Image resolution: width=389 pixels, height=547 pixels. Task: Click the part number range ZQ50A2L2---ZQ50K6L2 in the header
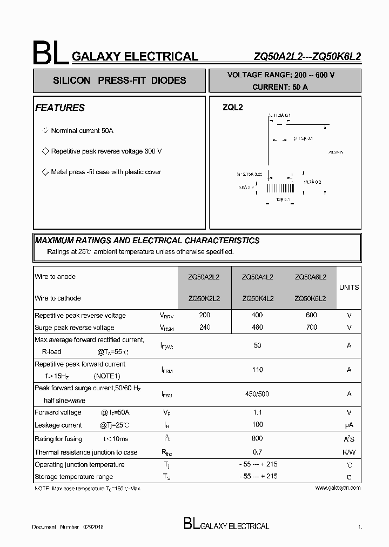point(307,56)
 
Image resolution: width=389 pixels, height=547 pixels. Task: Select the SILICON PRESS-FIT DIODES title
point(119,81)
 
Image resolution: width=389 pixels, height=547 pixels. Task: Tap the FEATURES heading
point(60,108)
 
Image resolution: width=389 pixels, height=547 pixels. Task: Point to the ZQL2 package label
point(233,108)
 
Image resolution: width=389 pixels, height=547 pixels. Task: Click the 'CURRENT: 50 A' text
point(280,87)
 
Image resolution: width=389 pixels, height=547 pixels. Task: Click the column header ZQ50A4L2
point(258,277)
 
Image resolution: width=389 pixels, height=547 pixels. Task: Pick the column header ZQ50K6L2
point(310,298)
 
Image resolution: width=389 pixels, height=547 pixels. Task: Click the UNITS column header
point(348,288)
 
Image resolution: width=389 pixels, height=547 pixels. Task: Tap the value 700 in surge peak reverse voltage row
point(311,327)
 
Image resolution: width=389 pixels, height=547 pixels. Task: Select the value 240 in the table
point(205,327)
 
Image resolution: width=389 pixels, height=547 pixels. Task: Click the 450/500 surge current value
point(257,394)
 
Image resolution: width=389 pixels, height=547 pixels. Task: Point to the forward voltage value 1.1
point(257,412)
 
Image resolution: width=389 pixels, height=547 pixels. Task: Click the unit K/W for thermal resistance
point(349,452)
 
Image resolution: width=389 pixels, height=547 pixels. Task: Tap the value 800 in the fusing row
point(257,438)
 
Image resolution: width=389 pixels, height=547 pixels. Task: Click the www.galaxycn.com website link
point(337,488)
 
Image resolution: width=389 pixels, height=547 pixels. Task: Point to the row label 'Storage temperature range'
point(74,477)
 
